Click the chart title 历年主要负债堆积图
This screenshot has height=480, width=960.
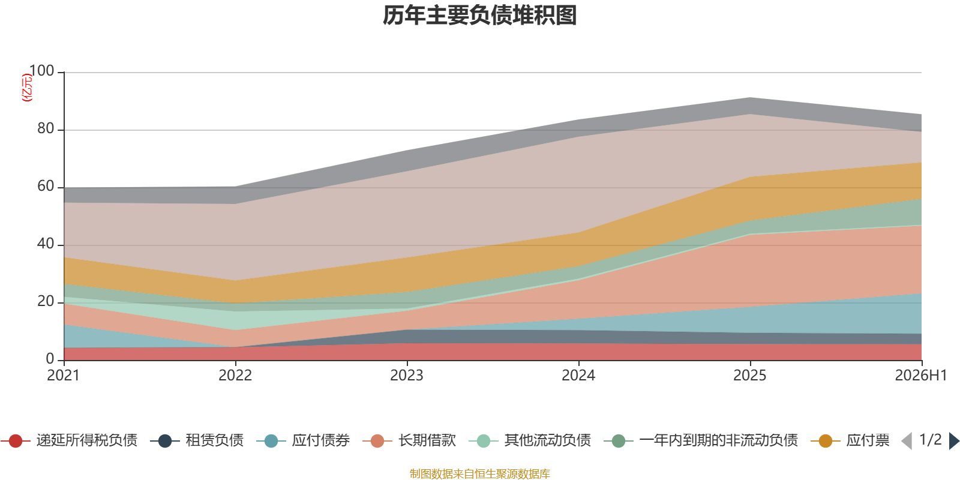pyautogui.click(x=479, y=16)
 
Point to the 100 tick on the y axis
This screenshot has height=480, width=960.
pyautogui.click(x=41, y=71)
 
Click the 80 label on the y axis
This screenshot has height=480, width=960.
pyautogui.click(x=46, y=128)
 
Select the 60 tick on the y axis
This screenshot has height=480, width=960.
pyautogui.click(x=46, y=186)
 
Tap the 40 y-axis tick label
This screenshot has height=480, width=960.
pyautogui.click(x=46, y=244)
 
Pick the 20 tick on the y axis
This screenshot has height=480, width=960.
pyautogui.click(x=46, y=301)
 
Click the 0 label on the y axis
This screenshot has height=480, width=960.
pyautogui.click(x=50, y=359)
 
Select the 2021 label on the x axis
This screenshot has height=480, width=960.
pyautogui.click(x=64, y=376)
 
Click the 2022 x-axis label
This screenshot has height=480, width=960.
pyautogui.click(x=235, y=376)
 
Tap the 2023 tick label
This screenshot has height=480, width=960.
pyautogui.click(x=407, y=376)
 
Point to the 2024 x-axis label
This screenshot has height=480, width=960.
pyautogui.click(x=578, y=376)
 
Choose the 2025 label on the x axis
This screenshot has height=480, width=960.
pyautogui.click(x=750, y=376)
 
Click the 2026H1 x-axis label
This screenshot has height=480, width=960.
pyautogui.click(x=921, y=376)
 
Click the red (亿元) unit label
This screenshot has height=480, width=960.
pyautogui.click(x=27, y=88)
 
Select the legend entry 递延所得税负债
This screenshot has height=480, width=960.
pyautogui.click(x=69, y=440)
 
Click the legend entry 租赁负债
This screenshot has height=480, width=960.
pyautogui.click(x=197, y=440)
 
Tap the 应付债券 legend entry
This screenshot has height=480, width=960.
pyautogui.click(x=304, y=440)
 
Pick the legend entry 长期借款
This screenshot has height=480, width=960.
pyautogui.click(x=409, y=440)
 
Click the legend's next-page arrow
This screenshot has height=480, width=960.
pyautogui.click(x=954, y=440)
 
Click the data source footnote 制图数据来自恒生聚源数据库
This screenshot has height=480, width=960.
pyautogui.click(x=479, y=473)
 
